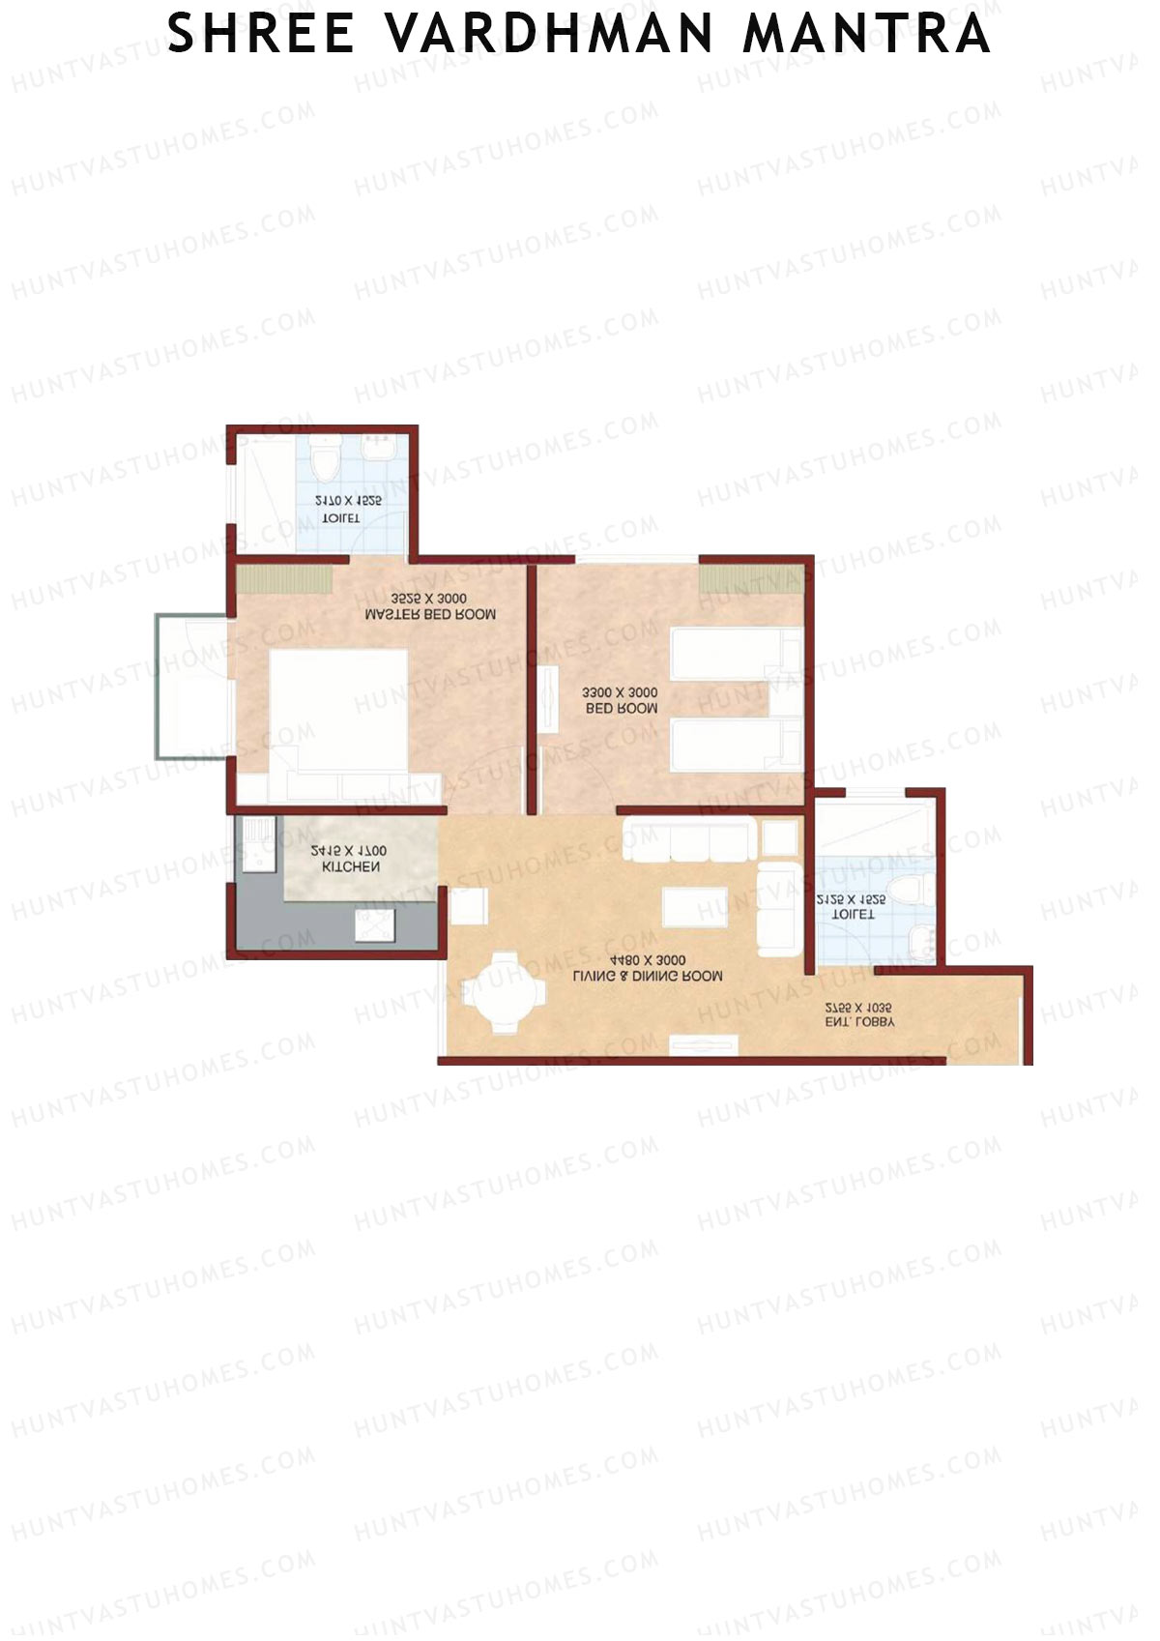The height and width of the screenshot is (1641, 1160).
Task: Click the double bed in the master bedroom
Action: click(x=338, y=711)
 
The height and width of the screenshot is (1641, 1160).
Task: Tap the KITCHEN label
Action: click(x=350, y=866)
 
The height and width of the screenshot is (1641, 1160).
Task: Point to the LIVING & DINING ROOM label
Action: click(x=648, y=977)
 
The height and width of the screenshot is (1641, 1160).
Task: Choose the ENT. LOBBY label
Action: click(x=859, y=1021)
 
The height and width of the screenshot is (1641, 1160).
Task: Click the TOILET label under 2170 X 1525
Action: click(x=340, y=518)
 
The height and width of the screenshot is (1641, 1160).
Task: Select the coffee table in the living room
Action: click(x=694, y=907)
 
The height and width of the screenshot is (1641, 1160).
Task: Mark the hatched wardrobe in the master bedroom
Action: click(x=284, y=580)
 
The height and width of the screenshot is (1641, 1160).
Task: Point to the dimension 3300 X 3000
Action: click(x=620, y=692)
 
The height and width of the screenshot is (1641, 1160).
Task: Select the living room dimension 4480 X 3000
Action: click(x=648, y=960)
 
